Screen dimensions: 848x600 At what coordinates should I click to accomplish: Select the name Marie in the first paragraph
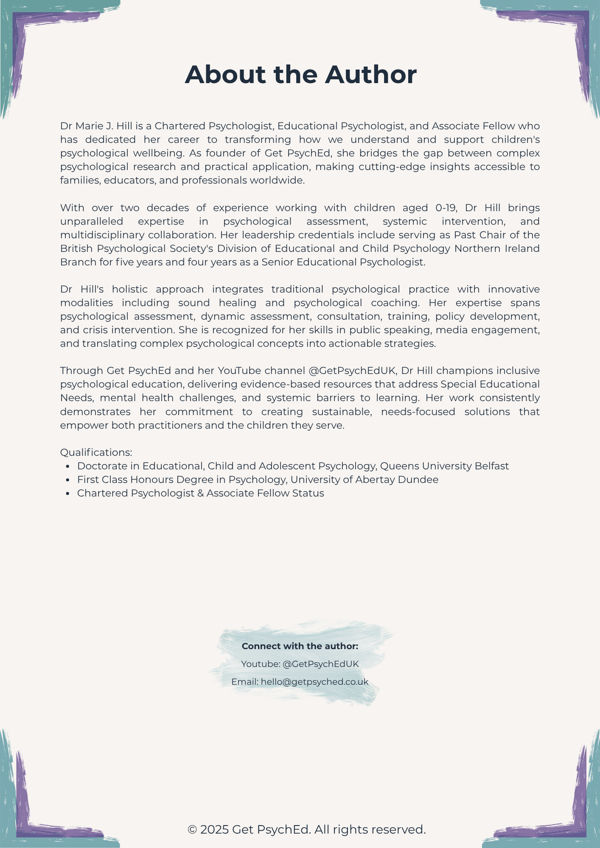[x=87, y=126]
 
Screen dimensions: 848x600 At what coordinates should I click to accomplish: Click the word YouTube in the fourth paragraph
[x=239, y=371]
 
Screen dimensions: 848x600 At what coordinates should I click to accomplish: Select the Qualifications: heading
[x=96, y=452]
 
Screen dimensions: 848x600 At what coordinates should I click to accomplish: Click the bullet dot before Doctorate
[x=68, y=466]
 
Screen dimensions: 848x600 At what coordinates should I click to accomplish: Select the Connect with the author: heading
[x=300, y=646]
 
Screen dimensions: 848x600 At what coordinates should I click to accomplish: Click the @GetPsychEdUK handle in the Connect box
[x=321, y=664]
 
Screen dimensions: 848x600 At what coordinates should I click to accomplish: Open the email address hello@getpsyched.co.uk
[x=314, y=682]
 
